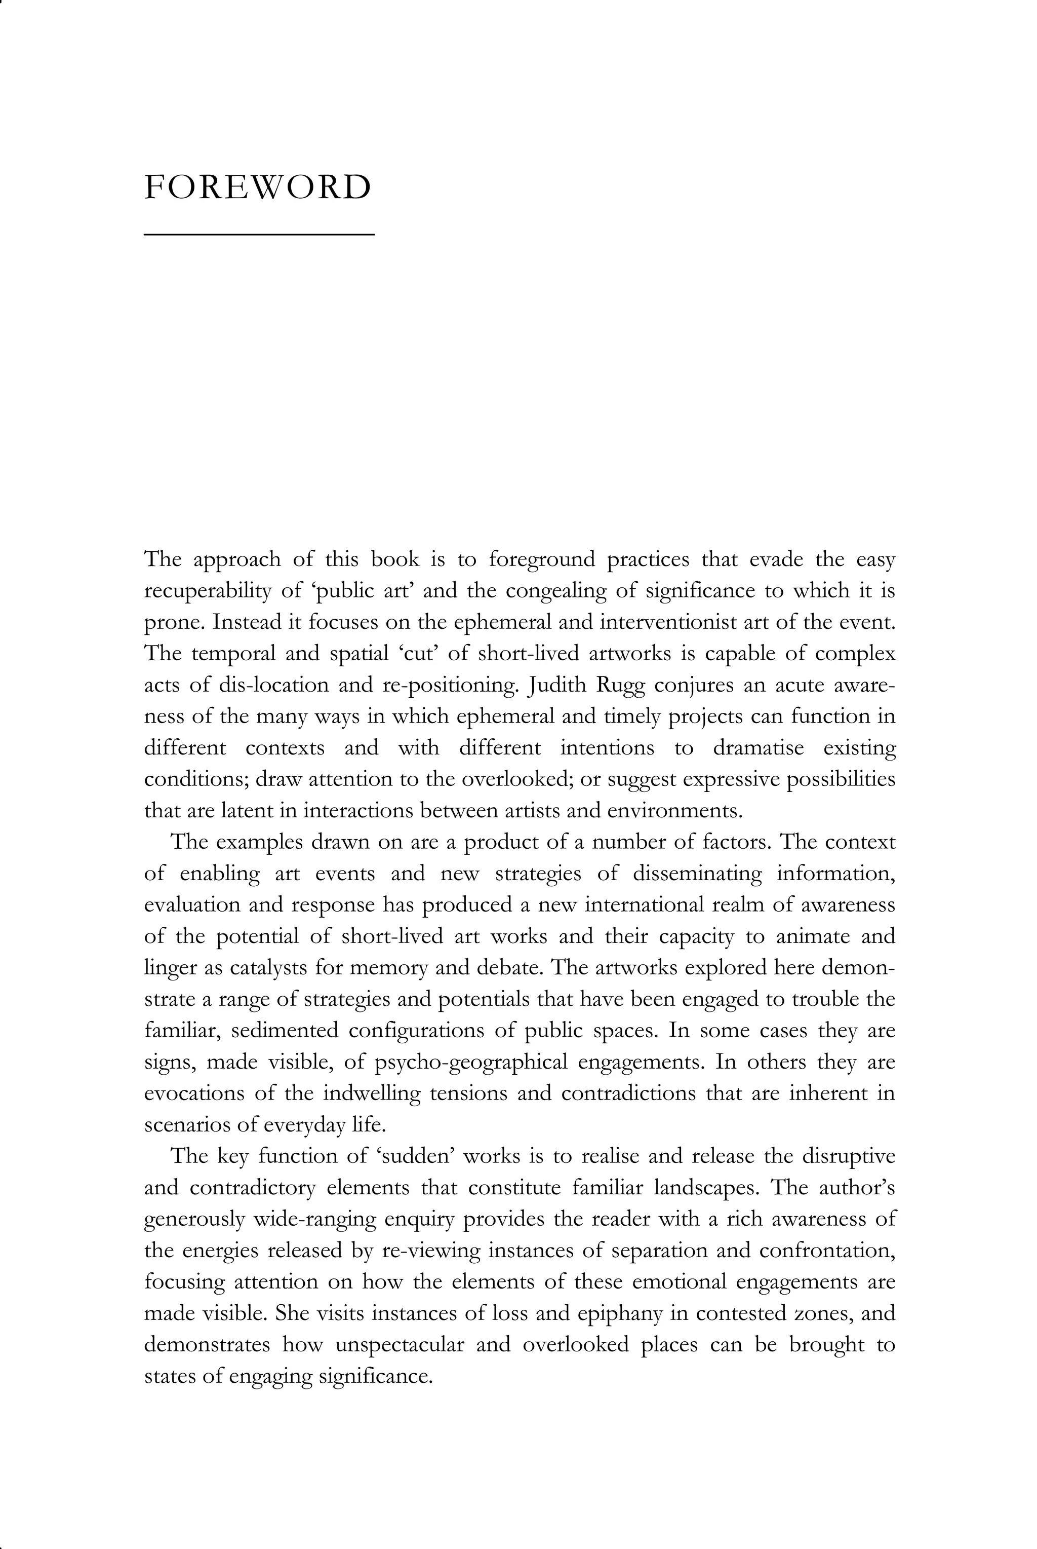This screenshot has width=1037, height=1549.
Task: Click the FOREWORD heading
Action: pos(257,188)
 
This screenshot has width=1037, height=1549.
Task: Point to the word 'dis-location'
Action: pos(273,685)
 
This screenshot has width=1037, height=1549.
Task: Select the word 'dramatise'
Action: pos(758,748)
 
